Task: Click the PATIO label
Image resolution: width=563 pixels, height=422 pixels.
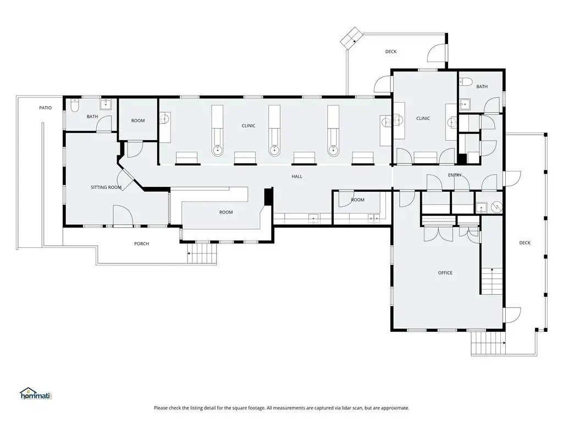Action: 45,108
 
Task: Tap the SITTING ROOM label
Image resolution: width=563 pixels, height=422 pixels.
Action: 106,187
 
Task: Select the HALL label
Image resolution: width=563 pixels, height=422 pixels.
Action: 297,176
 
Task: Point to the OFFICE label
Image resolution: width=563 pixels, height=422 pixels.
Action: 445,273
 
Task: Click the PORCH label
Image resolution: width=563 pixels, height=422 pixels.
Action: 141,243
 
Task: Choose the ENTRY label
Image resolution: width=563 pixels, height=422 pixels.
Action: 455,175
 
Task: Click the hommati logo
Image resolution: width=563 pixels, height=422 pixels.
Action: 36,393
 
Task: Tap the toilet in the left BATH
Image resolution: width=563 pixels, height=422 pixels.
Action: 75,106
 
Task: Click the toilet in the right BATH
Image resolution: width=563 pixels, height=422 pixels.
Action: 466,82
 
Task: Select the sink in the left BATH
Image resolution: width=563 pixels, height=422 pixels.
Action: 106,104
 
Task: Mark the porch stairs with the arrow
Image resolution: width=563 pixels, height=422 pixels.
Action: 202,254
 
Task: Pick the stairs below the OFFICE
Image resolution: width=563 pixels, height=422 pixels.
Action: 488,343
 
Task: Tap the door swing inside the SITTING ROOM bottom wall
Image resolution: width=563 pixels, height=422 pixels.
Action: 123,215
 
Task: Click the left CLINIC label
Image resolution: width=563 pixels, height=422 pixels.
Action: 249,126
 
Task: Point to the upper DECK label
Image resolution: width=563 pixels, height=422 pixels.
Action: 391,52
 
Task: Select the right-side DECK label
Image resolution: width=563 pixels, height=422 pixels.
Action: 525,243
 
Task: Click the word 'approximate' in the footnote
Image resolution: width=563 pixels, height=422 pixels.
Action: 395,408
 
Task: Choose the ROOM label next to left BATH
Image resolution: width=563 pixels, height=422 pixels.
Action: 138,121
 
